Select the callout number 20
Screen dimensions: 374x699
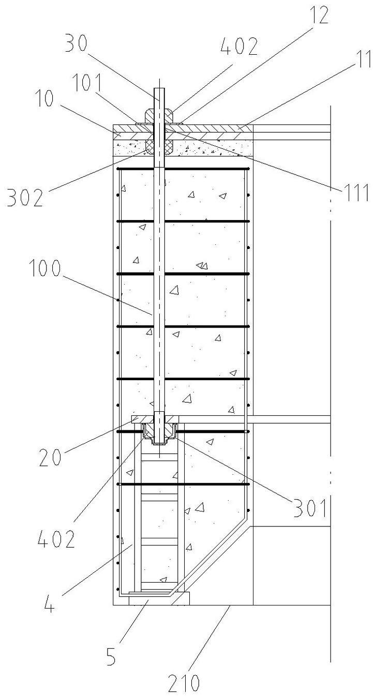50,457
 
